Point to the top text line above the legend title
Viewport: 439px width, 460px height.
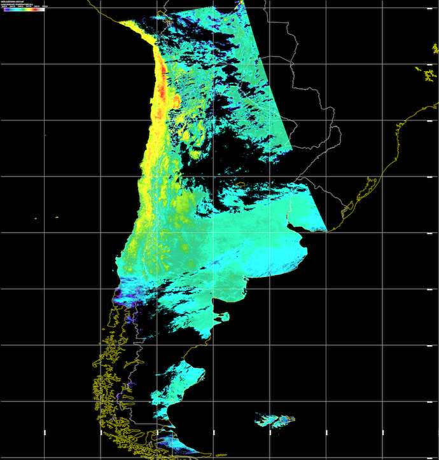point(12,2)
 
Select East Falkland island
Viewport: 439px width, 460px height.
point(284,420)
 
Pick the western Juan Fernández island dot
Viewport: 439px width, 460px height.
point(36,220)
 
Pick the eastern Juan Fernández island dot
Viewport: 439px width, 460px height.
point(56,218)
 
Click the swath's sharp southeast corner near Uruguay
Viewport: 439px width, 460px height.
point(326,231)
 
